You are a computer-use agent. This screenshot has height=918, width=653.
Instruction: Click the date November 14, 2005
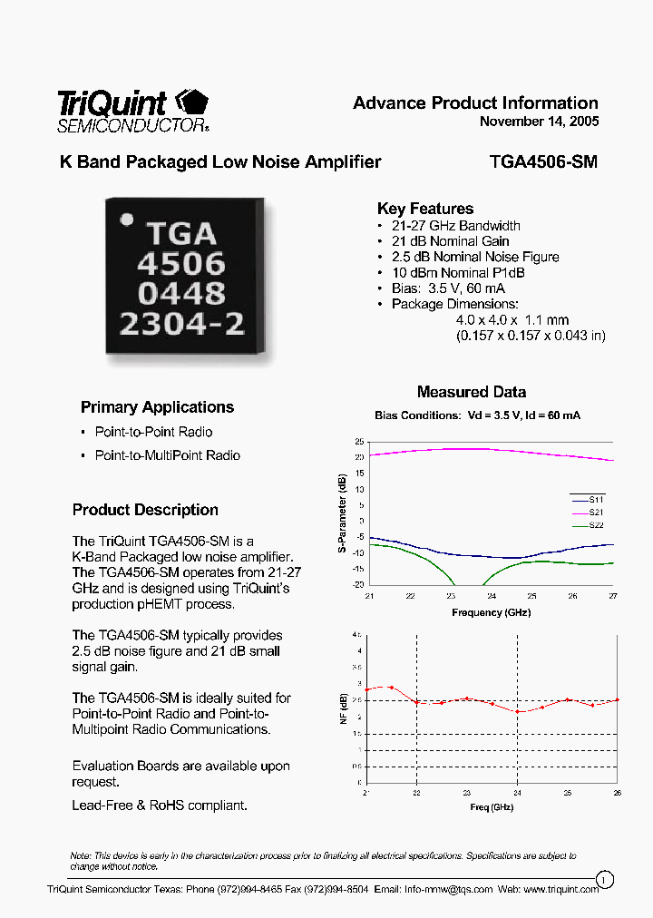point(539,122)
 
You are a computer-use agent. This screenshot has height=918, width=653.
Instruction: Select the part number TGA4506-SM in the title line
point(543,162)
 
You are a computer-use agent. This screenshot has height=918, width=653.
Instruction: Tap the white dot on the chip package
point(128,219)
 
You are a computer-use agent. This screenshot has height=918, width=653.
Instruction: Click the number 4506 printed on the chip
point(180,265)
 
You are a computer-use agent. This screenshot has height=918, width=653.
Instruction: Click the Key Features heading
point(424,209)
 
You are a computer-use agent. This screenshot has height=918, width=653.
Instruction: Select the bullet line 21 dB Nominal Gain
point(450,241)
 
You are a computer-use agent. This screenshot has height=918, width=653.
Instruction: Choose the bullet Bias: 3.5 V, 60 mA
point(449,288)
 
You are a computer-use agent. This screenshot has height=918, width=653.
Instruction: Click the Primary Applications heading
point(157,407)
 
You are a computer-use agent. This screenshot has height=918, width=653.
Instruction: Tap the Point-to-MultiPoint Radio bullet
point(168,455)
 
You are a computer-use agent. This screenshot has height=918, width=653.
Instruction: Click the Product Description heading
point(145,510)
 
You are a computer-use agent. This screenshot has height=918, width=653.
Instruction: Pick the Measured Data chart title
point(472,392)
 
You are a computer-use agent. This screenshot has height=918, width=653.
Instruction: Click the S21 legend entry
point(596,513)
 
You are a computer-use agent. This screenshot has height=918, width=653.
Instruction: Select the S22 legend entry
point(596,525)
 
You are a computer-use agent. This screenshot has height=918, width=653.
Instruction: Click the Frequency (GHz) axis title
point(491,612)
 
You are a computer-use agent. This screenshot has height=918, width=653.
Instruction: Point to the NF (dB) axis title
point(343,706)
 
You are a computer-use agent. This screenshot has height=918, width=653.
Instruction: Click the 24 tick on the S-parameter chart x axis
point(491,596)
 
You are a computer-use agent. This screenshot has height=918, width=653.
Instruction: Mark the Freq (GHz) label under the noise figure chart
point(491,806)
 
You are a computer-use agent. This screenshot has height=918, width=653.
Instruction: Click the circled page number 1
point(605,878)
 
